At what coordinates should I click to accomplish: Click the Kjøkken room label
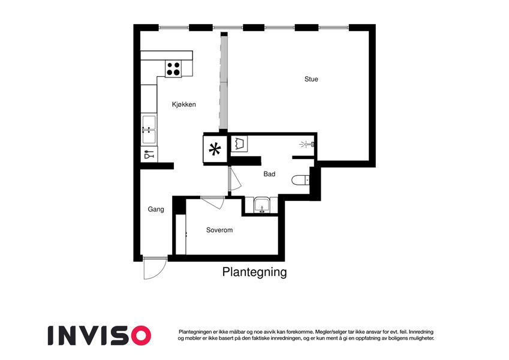pos(183,104)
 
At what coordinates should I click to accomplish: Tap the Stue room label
pos(311,79)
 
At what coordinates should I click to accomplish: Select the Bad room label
pos(269,174)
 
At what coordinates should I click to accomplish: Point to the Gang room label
pos(156,209)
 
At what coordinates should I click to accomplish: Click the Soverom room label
pos(219,230)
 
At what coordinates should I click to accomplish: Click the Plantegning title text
pos(254,272)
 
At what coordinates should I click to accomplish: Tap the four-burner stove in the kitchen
pos(173,69)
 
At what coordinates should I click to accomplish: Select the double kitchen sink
pos(148,130)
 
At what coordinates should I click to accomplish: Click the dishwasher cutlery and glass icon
pos(149,155)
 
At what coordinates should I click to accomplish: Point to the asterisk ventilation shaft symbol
pos(215,150)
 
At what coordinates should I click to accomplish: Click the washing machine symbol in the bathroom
pos(240,144)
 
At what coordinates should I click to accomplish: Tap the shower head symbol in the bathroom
pos(308,145)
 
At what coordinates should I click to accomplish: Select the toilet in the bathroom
pos(300,179)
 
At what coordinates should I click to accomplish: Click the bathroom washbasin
pos(262,206)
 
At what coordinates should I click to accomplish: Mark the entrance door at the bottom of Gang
pos(154,268)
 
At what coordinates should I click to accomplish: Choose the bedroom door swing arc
pos(213,202)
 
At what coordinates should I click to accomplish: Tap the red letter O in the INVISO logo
pos(140,335)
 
